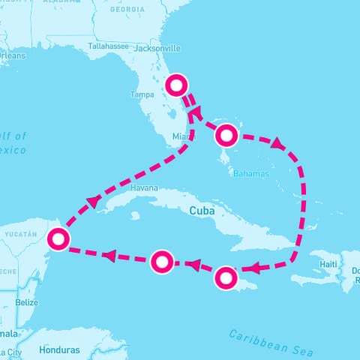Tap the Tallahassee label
(110, 46)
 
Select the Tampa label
(142, 94)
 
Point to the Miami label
(182, 136)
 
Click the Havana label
(143, 187)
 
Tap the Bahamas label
(251, 173)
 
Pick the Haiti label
(328, 264)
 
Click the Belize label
(27, 302)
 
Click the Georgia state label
(127, 10)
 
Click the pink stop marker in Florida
(176, 85)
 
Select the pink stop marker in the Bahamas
(227, 136)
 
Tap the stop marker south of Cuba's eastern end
(226, 278)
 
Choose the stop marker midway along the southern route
(162, 262)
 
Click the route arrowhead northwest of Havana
(93, 201)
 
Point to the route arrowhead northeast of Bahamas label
(278, 142)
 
